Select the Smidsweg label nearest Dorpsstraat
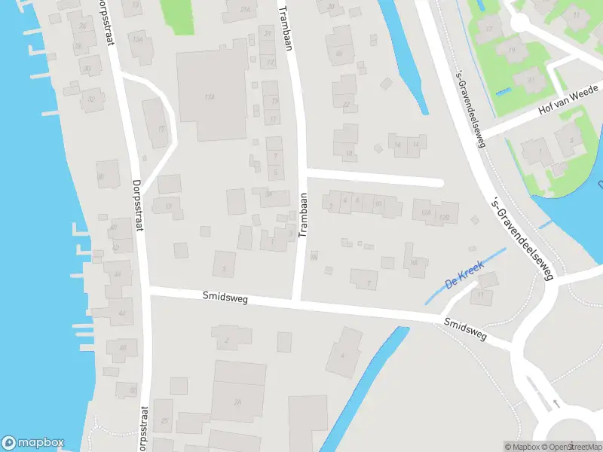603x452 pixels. [x=225, y=298]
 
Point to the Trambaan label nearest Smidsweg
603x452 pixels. [x=303, y=215]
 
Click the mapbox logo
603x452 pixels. [x=32, y=443]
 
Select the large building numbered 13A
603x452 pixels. [x=210, y=96]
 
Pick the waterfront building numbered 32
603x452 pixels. [x=92, y=99]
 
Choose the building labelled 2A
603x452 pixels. [x=237, y=401]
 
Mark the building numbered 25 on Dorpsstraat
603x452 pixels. [x=165, y=420]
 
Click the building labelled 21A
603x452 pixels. [x=243, y=10]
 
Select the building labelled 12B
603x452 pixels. [x=445, y=217]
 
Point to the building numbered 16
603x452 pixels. [x=413, y=261]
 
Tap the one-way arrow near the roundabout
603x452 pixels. [x=556, y=404]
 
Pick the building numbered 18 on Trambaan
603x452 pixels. [x=348, y=153]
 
